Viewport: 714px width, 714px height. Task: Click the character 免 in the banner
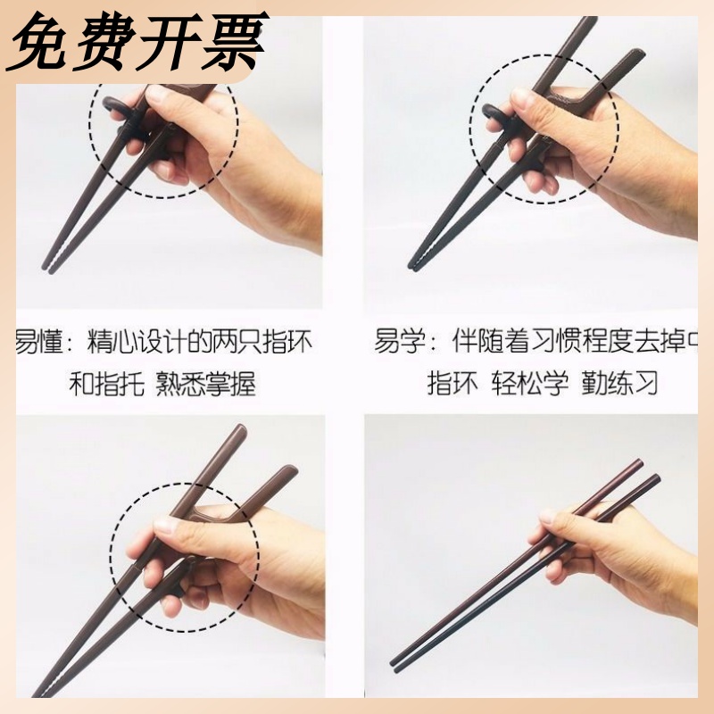click(x=42, y=42)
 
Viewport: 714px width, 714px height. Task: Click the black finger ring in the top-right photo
click(x=492, y=113)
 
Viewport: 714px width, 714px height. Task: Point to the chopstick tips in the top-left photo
click(x=48, y=264)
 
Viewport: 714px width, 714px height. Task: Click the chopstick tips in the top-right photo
click(x=415, y=263)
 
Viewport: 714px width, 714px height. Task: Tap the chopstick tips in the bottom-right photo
click(x=397, y=664)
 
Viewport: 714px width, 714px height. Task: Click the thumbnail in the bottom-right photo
click(x=547, y=517)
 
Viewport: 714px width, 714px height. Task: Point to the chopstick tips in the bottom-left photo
click(x=40, y=693)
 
